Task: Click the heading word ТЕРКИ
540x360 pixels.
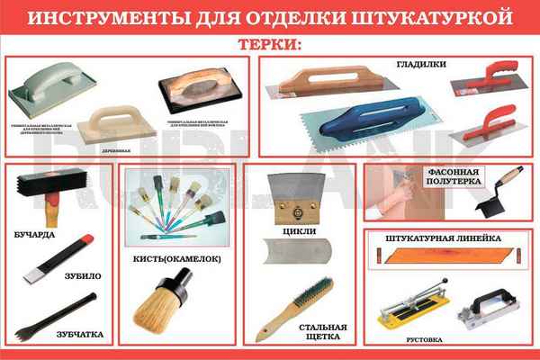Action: click(x=270, y=44)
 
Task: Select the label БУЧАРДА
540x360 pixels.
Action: click(x=37, y=235)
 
